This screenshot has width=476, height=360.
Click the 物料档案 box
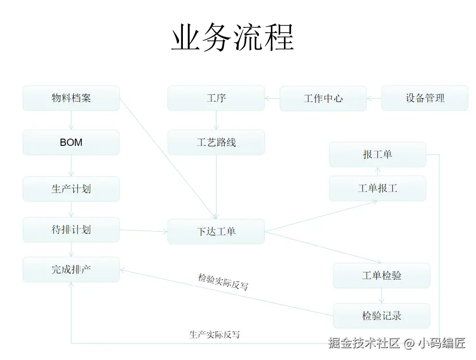click(x=71, y=98)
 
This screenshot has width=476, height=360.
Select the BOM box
click(x=71, y=142)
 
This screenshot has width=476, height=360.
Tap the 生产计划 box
click(x=71, y=189)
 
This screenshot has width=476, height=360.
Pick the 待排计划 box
click(x=71, y=230)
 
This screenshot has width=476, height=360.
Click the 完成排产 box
click(x=71, y=270)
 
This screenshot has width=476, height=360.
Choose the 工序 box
click(x=216, y=98)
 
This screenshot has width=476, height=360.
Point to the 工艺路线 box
click(x=216, y=142)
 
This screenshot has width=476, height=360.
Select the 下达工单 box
click(x=216, y=231)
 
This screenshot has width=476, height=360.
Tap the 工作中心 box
click(x=323, y=99)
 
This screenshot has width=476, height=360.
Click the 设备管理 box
click(x=425, y=98)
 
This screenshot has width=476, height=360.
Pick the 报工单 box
click(x=377, y=154)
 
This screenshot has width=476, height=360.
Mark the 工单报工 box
click(x=377, y=188)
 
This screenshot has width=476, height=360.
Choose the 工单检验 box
click(x=382, y=276)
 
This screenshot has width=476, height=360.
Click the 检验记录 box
click(x=382, y=316)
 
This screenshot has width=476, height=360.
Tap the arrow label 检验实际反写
click(x=223, y=282)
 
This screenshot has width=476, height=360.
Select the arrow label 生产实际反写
click(x=214, y=334)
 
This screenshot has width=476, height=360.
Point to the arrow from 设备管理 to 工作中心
click(x=374, y=99)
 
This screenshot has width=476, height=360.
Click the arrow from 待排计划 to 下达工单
click(x=143, y=231)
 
